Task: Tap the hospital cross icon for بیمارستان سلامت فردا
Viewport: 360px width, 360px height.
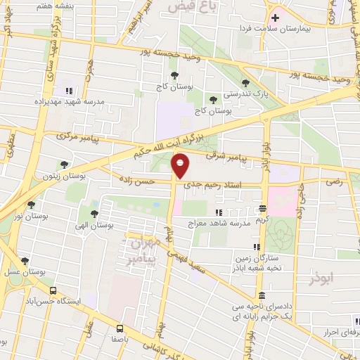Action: tap(276, 18)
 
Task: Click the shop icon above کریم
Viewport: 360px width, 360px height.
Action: tap(262, 208)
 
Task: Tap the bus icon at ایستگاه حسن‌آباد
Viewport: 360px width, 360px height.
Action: tap(52, 290)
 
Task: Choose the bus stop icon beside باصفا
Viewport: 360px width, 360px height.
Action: tap(120, 328)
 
